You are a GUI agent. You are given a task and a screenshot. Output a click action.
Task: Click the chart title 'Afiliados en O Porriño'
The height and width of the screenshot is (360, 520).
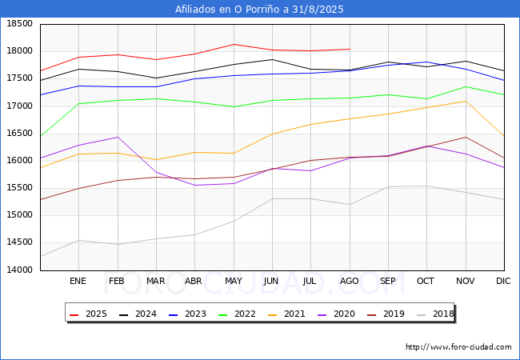[259, 10]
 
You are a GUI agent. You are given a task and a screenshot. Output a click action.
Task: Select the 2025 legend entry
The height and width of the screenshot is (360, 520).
[90, 314]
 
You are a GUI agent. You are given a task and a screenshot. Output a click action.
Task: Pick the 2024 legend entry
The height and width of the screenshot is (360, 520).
[138, 314]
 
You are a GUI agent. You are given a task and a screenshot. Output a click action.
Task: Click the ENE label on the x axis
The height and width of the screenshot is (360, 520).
[78, 282]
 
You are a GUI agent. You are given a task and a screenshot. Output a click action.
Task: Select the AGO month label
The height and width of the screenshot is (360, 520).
[349, 282]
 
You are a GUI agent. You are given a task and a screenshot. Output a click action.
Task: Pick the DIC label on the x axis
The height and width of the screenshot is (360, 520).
[503, 282]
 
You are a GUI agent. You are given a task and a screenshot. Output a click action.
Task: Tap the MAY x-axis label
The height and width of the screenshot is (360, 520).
[233, 282]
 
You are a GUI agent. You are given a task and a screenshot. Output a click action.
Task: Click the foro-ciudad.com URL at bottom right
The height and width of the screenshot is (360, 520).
[458, 347]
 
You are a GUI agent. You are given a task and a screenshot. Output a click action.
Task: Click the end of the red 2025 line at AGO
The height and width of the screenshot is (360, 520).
[350, 49]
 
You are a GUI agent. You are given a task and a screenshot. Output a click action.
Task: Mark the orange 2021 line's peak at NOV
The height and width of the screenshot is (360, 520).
[466, 101]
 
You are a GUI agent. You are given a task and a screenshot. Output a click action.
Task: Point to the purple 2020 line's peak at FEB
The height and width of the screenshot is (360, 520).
[117, 137]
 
